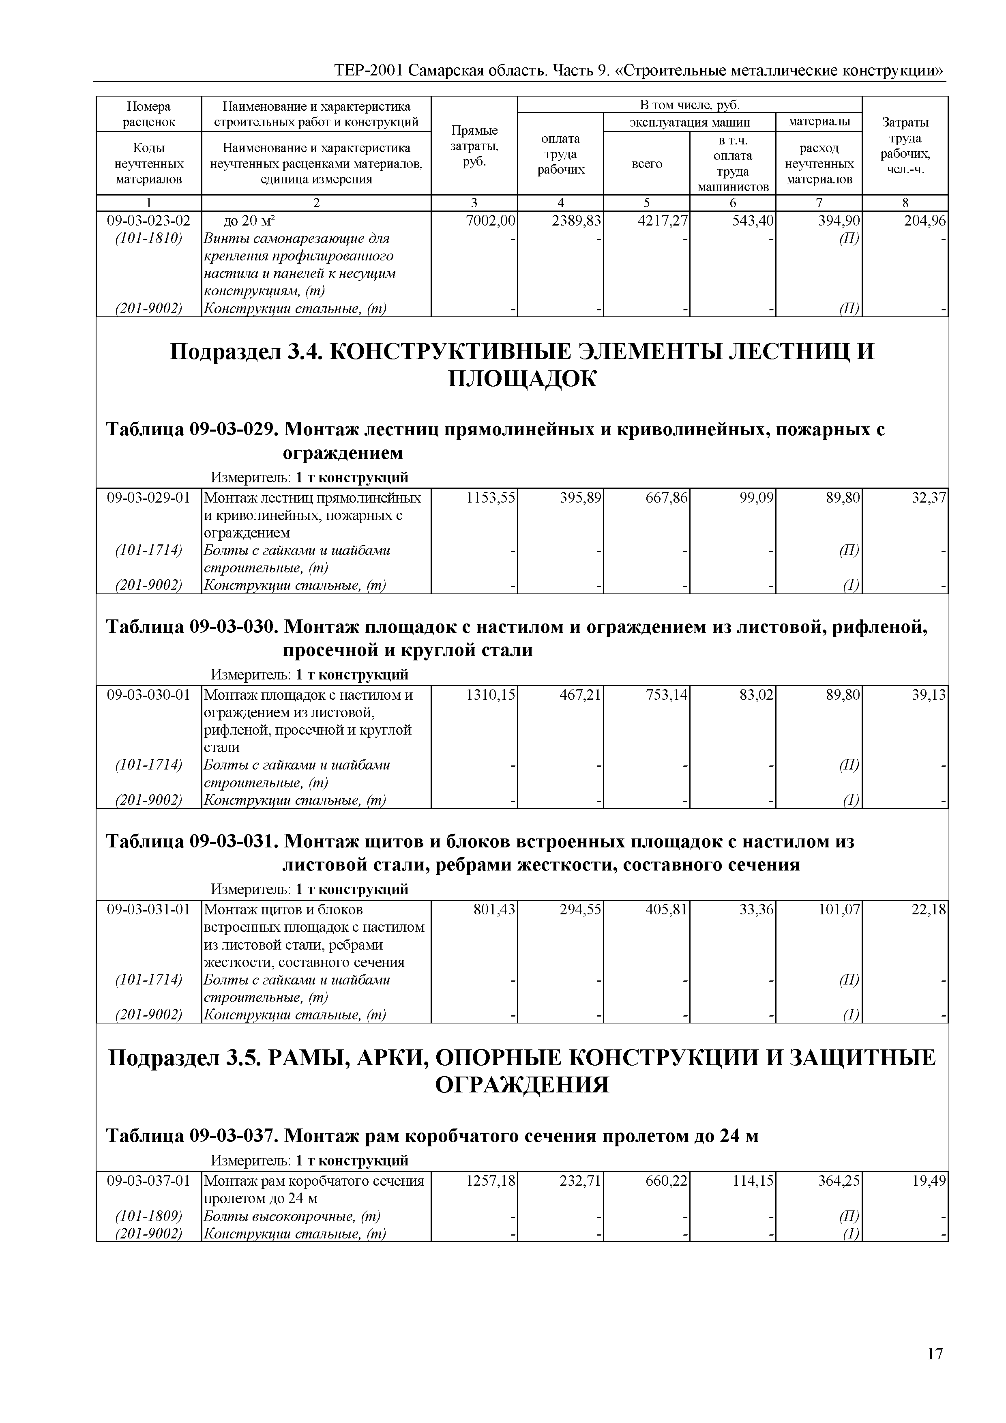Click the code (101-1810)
[x=149, y=239]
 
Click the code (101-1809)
[x=149, y=1216]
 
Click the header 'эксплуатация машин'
[x=689, y=122]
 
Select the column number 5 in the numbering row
[x=647, y=203]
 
